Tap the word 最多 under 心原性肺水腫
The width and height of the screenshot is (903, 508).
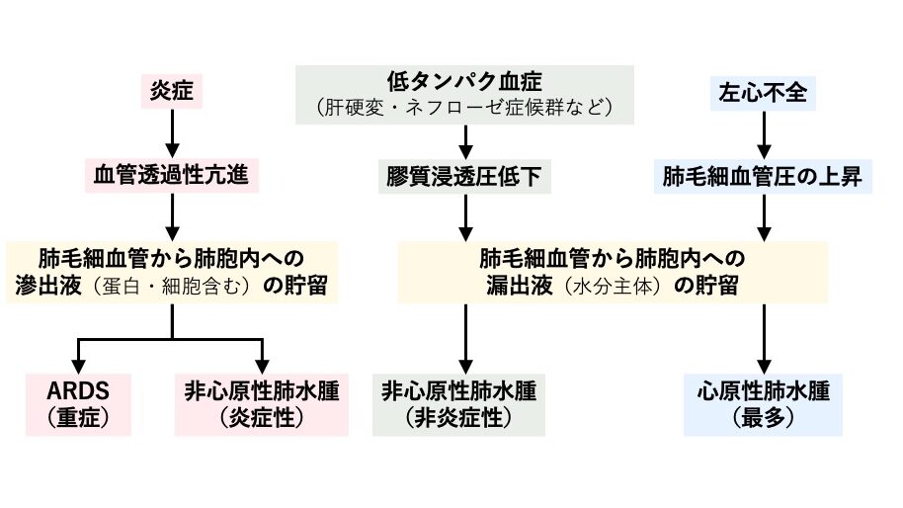pos(762,418)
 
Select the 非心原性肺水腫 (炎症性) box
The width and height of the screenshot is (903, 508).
pos(262,404)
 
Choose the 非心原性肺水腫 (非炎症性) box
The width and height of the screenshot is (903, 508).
pos(458,404)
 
